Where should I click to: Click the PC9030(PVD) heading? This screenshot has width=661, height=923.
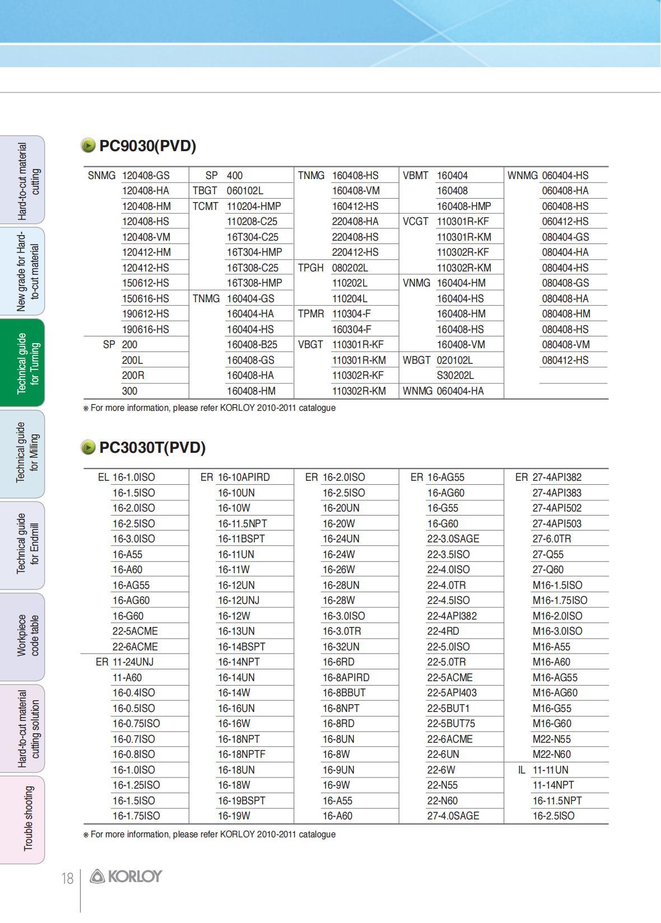(x=147, y=146)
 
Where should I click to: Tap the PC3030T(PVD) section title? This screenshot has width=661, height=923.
(x=152, y=448)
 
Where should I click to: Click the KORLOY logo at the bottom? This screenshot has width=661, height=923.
(x=126, y=877)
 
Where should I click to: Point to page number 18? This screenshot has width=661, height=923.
(x=67, y=879)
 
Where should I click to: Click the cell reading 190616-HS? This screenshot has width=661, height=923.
(x=145, y=330)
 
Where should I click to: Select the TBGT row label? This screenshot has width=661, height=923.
(x=204, y=191)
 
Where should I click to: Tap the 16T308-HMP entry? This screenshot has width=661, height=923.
(x=254, y=283)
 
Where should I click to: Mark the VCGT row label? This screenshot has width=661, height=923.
(x=415, y=222)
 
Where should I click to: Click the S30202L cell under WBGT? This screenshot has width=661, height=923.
(x=455, y=376)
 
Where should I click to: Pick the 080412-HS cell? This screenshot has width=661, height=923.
(x=565, y=360)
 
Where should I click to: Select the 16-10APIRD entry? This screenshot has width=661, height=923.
(x=244, y=477)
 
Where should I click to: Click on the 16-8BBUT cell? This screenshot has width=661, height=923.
(x=344, y=693)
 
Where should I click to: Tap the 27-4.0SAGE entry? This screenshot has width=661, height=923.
(x=453, y=816)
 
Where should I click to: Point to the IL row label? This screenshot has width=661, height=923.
(x=522, y=770)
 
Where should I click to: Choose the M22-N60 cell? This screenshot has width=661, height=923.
(x=551, y=755)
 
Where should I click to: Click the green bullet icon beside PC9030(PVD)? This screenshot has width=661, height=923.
(x=89, y=146)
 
